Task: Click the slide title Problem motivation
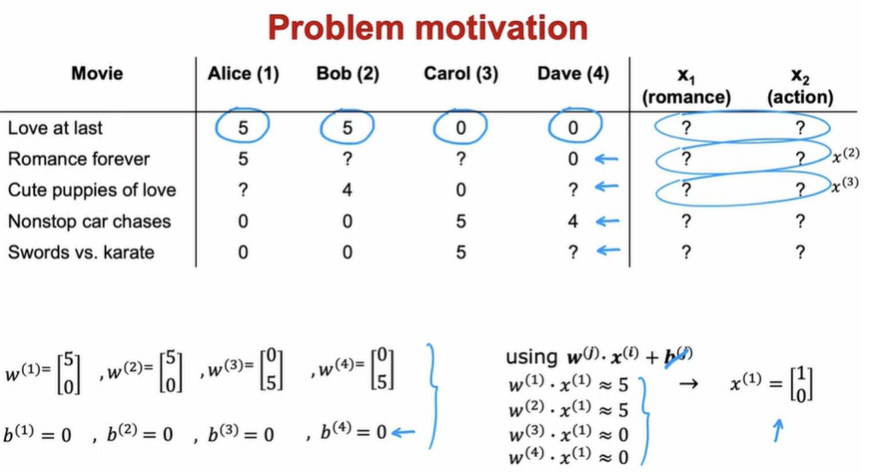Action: (428, 28)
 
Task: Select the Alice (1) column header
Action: (243, 73)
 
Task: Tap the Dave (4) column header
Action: (573, 73)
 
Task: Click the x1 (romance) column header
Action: (686, 87)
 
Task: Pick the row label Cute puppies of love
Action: (92, 190)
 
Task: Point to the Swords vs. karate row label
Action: (81, 252)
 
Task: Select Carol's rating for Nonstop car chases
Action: (461, 221)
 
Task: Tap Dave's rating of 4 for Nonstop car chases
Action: (573, 221)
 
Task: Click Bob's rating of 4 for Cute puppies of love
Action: (347, 190)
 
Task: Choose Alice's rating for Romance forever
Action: (243, 159)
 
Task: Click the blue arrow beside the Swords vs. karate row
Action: (608, 250)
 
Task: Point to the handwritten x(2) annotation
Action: (845, 155)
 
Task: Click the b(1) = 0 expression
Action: (38, 434)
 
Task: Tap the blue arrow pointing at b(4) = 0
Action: (404, 433)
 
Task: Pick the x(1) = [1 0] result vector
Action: (772, 384)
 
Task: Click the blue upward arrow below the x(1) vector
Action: (778, 430)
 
